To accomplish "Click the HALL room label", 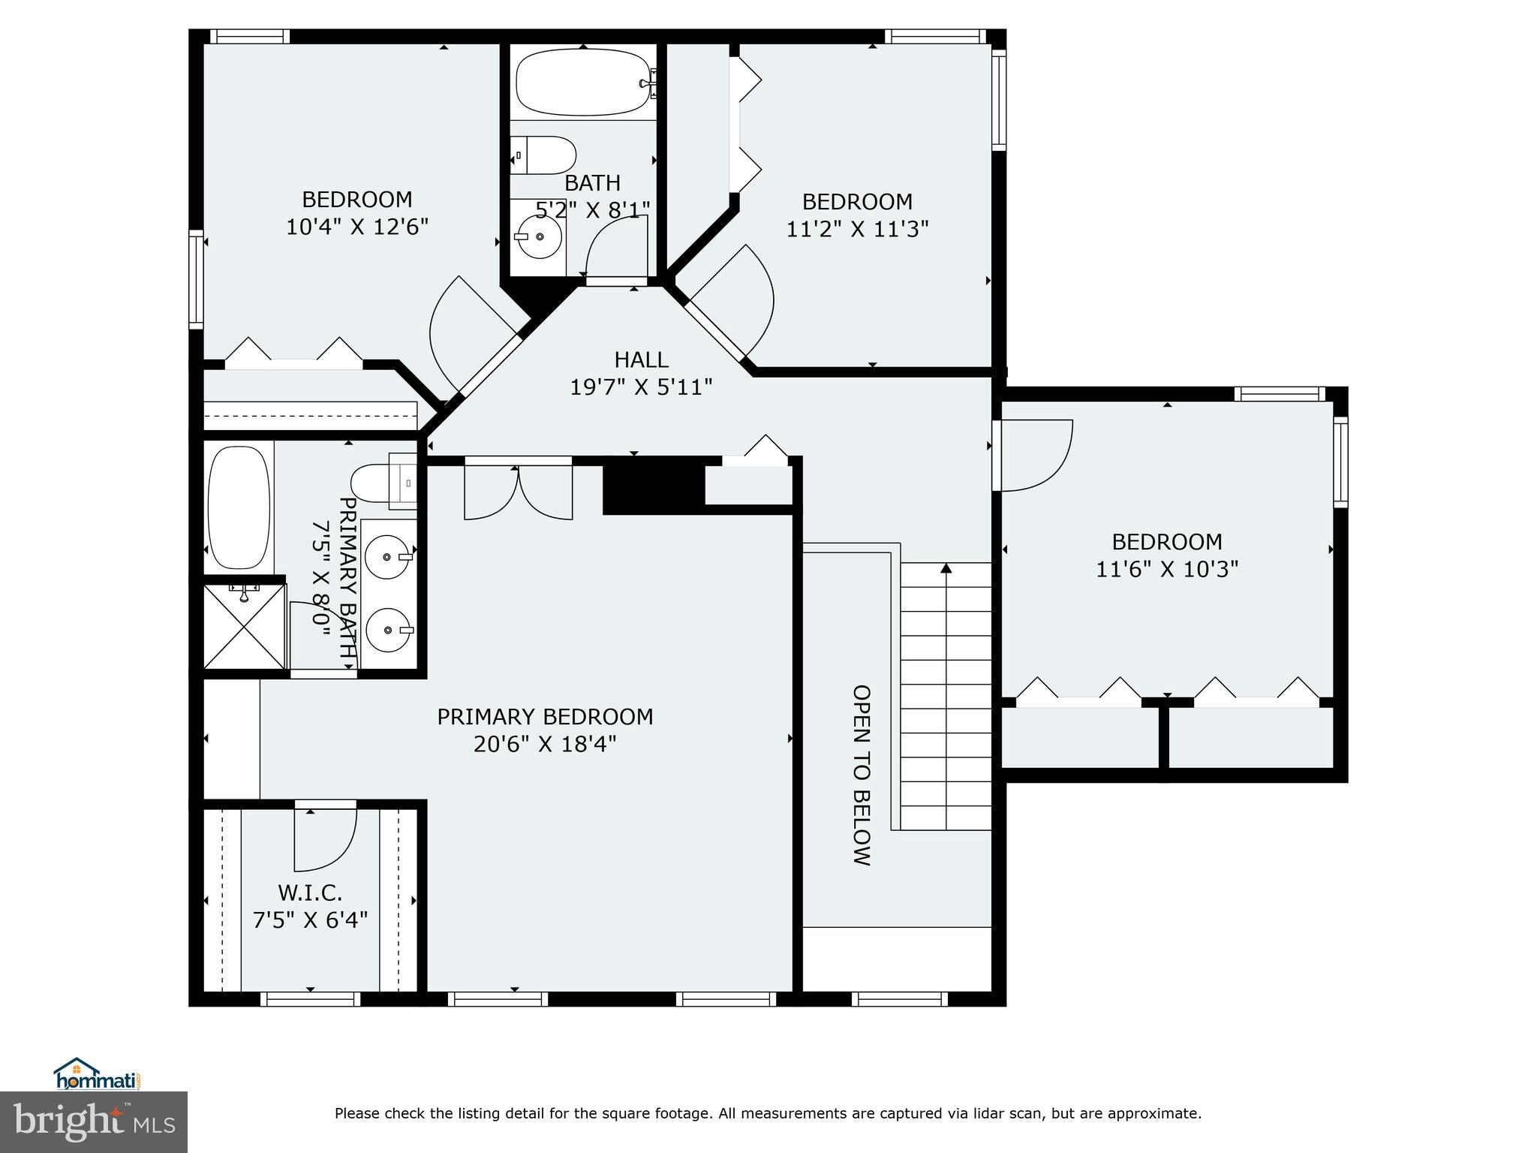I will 641,360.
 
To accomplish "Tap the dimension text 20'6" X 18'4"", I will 545,744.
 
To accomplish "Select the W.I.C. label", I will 310,893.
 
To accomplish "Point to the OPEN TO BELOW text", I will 862,775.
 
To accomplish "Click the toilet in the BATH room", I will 545,155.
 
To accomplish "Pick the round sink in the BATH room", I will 537,236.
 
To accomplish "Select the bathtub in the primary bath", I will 239,507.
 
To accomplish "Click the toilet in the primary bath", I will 381,483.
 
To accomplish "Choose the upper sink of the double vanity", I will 387,557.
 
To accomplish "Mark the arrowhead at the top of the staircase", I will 946,568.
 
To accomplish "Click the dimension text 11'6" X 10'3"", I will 1166,569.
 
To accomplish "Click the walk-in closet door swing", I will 325,835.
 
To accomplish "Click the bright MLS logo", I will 94,1121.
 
